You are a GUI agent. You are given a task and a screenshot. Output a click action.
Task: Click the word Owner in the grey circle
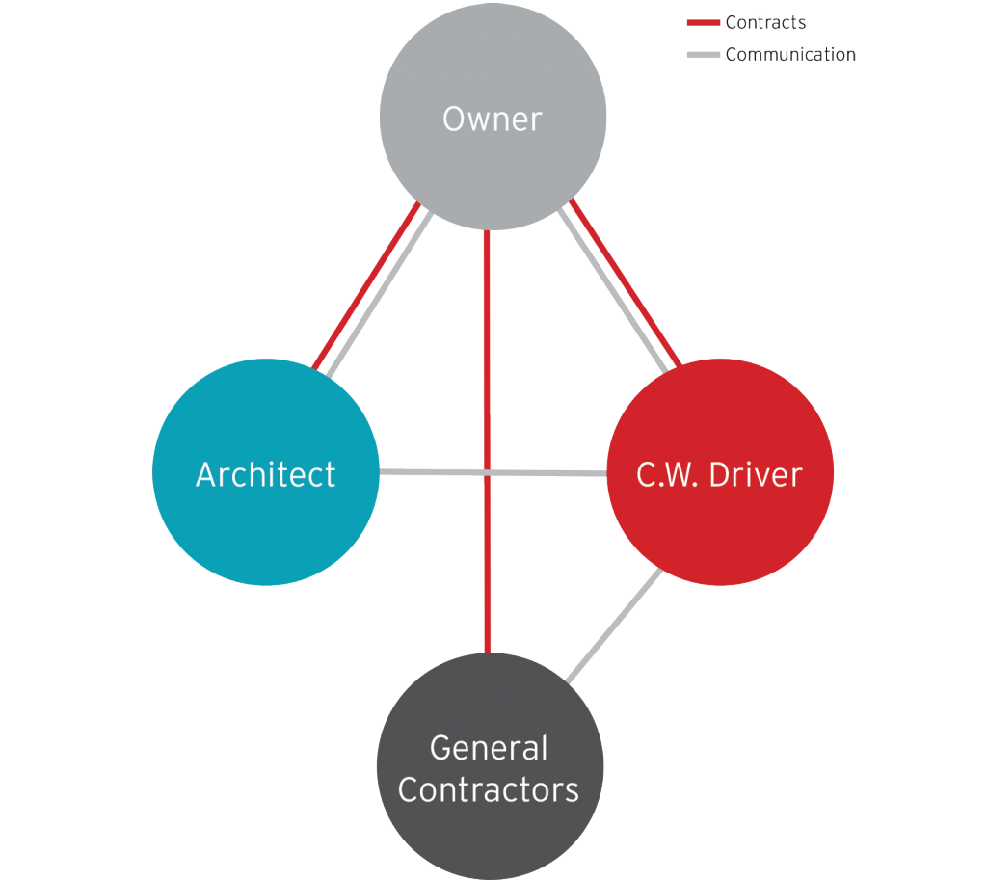point(492,120)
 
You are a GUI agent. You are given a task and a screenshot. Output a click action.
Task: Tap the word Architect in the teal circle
point(265,474)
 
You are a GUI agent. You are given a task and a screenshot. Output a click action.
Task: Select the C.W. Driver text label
point(719,474)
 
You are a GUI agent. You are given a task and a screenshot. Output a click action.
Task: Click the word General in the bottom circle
point(489,748)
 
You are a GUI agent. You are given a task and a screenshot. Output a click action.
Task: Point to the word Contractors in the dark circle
point(489,790)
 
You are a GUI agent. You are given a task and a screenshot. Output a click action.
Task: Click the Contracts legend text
point(765,22)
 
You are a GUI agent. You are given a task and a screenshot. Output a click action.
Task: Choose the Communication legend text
point(789,55)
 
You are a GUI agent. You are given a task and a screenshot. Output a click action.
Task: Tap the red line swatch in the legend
point(703,23)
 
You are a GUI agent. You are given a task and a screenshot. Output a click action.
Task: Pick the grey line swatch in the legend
point(703,55)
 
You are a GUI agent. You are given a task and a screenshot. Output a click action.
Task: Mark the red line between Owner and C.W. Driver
point(627,284)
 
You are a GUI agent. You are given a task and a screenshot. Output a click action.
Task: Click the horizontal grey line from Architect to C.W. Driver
point(434,472)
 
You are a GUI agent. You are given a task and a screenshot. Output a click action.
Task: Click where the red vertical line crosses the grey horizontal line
point(488,473)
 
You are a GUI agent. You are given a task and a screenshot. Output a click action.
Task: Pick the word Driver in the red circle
point(757,474)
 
